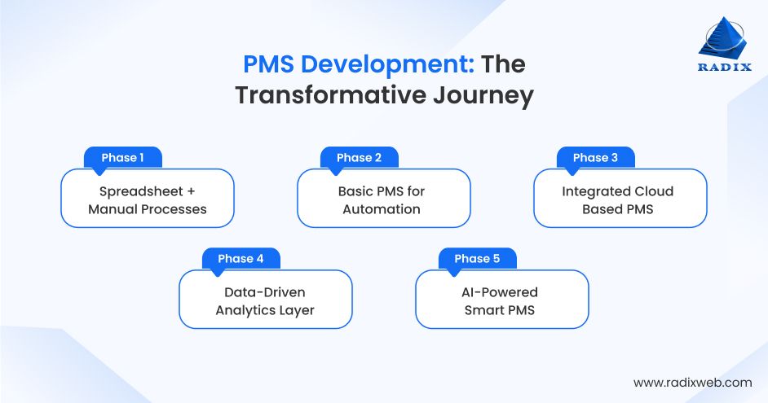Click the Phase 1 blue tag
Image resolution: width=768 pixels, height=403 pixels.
pos(123,158)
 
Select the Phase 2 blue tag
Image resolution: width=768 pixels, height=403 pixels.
pos(359,158)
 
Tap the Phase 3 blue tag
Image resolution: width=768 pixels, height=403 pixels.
pos(595,158)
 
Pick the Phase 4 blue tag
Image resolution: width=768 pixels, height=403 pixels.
pos(241,259)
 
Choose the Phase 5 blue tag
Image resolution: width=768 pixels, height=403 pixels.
pos(477,259)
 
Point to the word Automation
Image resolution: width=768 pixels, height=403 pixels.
pos(382,209)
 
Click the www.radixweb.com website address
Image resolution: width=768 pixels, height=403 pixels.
pos(692,382)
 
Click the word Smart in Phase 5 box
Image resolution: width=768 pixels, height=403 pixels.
pos(484,310)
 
